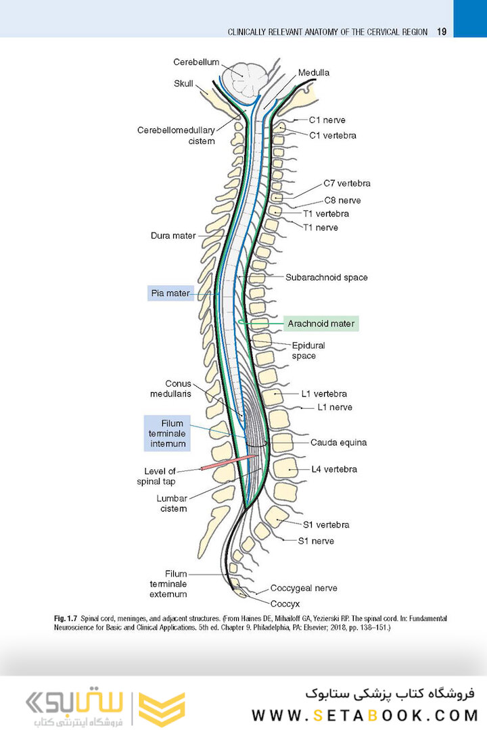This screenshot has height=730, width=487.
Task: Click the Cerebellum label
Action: tap(196, 62)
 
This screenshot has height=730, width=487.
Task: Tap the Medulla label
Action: tap(314, 73)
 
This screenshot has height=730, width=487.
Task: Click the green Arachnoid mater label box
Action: tap(321, 324)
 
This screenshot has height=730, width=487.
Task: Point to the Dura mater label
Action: tap(173, 236)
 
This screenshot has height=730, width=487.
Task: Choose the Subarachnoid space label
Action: tap(327, 277)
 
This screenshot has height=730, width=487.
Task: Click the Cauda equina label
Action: tap(338, 443)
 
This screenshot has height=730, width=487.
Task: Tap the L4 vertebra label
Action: tap(334, 469)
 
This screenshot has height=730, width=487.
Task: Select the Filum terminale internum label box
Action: tap(168, 433)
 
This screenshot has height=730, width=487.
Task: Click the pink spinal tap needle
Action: tap(226, 463)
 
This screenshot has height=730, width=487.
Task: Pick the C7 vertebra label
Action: tap(346, 183)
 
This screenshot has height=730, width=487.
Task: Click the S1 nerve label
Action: tap(317, 541)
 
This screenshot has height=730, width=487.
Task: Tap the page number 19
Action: tap(442, 32)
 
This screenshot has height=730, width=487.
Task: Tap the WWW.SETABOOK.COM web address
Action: tap(365, 714)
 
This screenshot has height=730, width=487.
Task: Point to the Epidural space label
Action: tap(304, 350)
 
